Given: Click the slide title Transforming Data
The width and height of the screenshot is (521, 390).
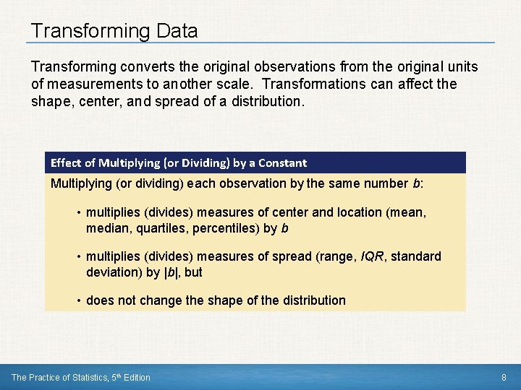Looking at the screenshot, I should tap(114, 31).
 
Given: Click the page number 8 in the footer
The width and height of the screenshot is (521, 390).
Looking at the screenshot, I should tap(504, 377).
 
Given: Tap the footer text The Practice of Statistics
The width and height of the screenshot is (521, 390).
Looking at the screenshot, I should tap(62, 377).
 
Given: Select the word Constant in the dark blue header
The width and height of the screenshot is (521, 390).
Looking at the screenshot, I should tap(283, 162).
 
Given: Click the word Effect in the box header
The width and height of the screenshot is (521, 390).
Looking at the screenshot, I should tap(65, 162).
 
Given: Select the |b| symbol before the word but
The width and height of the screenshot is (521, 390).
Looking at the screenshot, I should tap(173, 272).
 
